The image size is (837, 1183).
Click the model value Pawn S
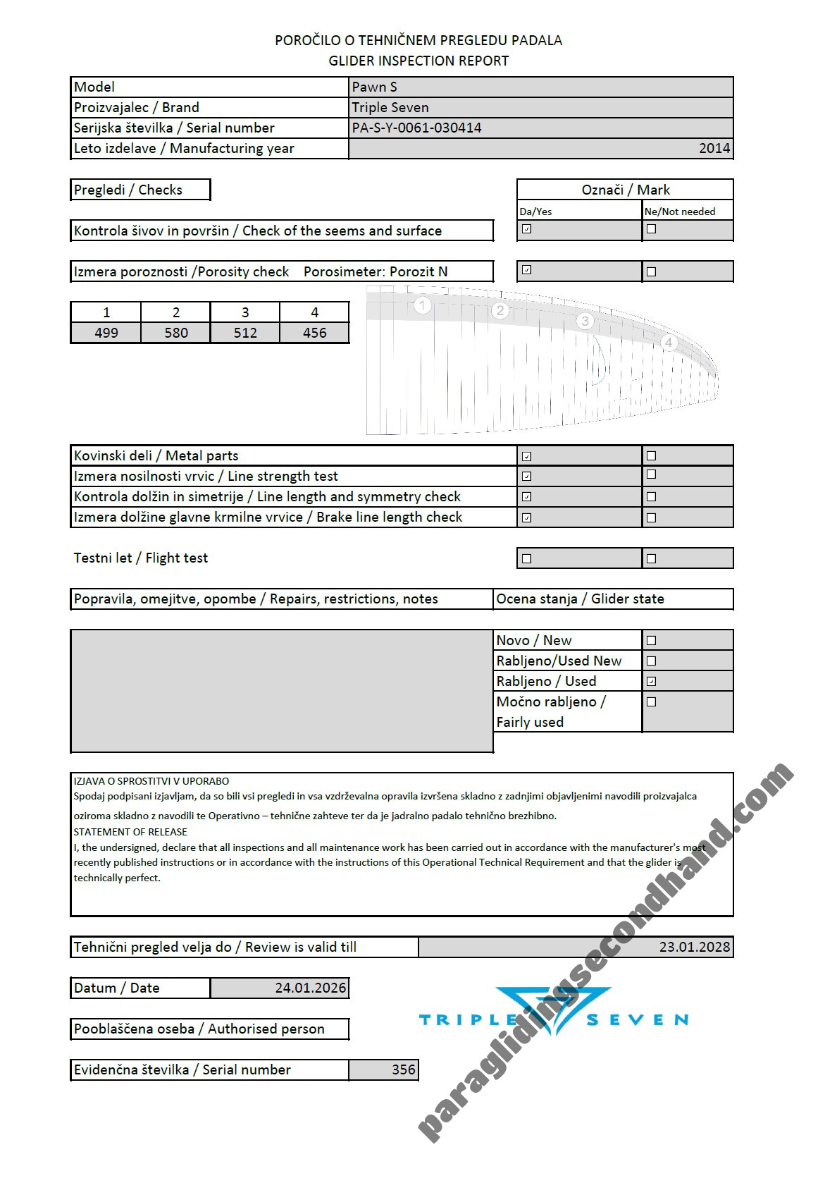point(375,87)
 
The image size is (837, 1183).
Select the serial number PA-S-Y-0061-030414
point(417,128)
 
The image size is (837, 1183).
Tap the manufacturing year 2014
point(714,149)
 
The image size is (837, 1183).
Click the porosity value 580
point(175,333)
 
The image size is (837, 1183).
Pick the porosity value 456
point(314,333)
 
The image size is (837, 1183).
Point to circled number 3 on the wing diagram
point(585,321)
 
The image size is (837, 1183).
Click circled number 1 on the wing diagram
point(422,305)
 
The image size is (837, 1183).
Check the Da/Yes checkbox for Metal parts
point(526,456)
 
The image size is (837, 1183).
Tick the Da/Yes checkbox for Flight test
point(526,558)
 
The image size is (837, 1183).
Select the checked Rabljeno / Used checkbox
point(651,681)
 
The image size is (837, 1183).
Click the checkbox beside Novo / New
point(651,640)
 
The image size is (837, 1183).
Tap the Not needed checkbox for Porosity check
point(651,271)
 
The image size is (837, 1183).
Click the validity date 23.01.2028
point(694,947)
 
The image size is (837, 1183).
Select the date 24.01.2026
point(311,988)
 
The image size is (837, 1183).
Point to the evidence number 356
point(404,1069)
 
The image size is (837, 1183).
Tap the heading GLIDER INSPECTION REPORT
point(418,61)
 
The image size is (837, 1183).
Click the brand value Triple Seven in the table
point(390,108)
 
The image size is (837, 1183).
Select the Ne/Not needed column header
point(680,212)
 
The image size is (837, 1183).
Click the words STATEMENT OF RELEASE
point(130,832)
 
